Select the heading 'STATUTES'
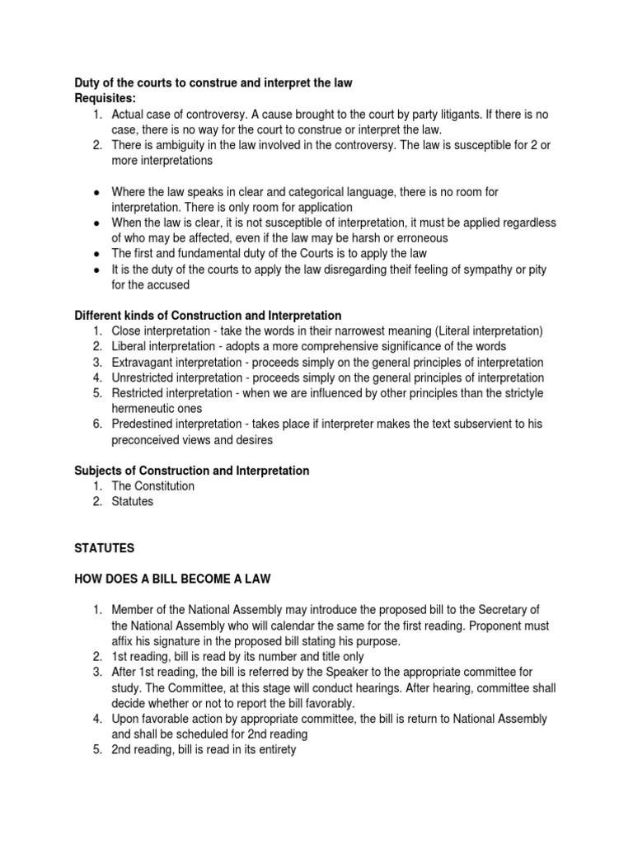click(103, 547)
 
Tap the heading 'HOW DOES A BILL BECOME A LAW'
click(171, 579)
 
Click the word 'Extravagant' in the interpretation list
click(144, 362)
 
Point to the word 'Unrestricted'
click(146, 377)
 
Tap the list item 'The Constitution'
click(153, 485)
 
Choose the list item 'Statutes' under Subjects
click(133, 501)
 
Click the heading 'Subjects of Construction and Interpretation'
click(192, 471)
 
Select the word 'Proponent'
click(506, 626)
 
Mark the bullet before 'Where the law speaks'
click(96, 192)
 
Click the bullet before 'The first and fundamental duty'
click(96, 254)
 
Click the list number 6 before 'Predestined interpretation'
click(96, 424)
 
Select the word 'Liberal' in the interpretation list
click(131, 346)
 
